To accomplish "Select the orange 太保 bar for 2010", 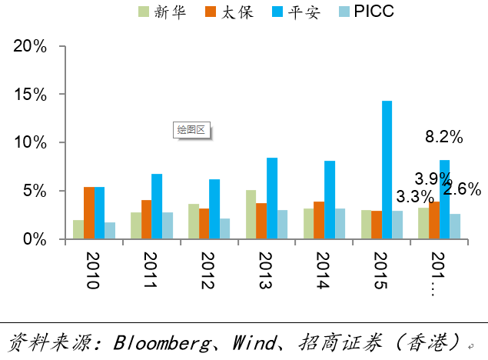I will pyautogui.click(x=89, y=213).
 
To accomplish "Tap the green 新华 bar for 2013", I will pyautogui.click(x=251, y=215).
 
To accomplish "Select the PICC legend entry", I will pyautogui.click(x=367, y=12).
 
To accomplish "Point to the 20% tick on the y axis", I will pyautogui.click(x=31, y=46).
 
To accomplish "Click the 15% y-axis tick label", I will pyautogui.click(x=31, y=95).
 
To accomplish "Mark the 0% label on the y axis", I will pyautogui.click(x=35, y=239).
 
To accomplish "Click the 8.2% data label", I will pyautogui.click(x=443, y=137).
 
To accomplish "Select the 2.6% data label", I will pyautogui.click(x=462, y=188).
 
